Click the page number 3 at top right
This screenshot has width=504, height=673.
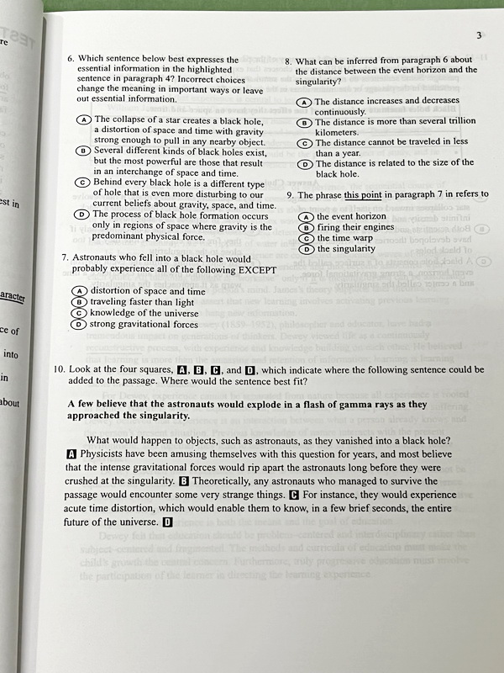point(478,34)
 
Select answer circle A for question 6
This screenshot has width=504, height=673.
point(83,120)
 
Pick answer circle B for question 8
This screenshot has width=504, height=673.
point(306,123)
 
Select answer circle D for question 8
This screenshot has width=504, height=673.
point(306,164)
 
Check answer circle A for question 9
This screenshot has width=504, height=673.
point(307,216)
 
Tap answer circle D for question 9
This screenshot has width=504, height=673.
point(307,249)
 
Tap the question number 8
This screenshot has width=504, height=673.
point(288,61)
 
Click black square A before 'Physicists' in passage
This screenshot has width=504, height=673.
point(71,453)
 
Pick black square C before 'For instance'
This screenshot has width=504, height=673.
point(294,495)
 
